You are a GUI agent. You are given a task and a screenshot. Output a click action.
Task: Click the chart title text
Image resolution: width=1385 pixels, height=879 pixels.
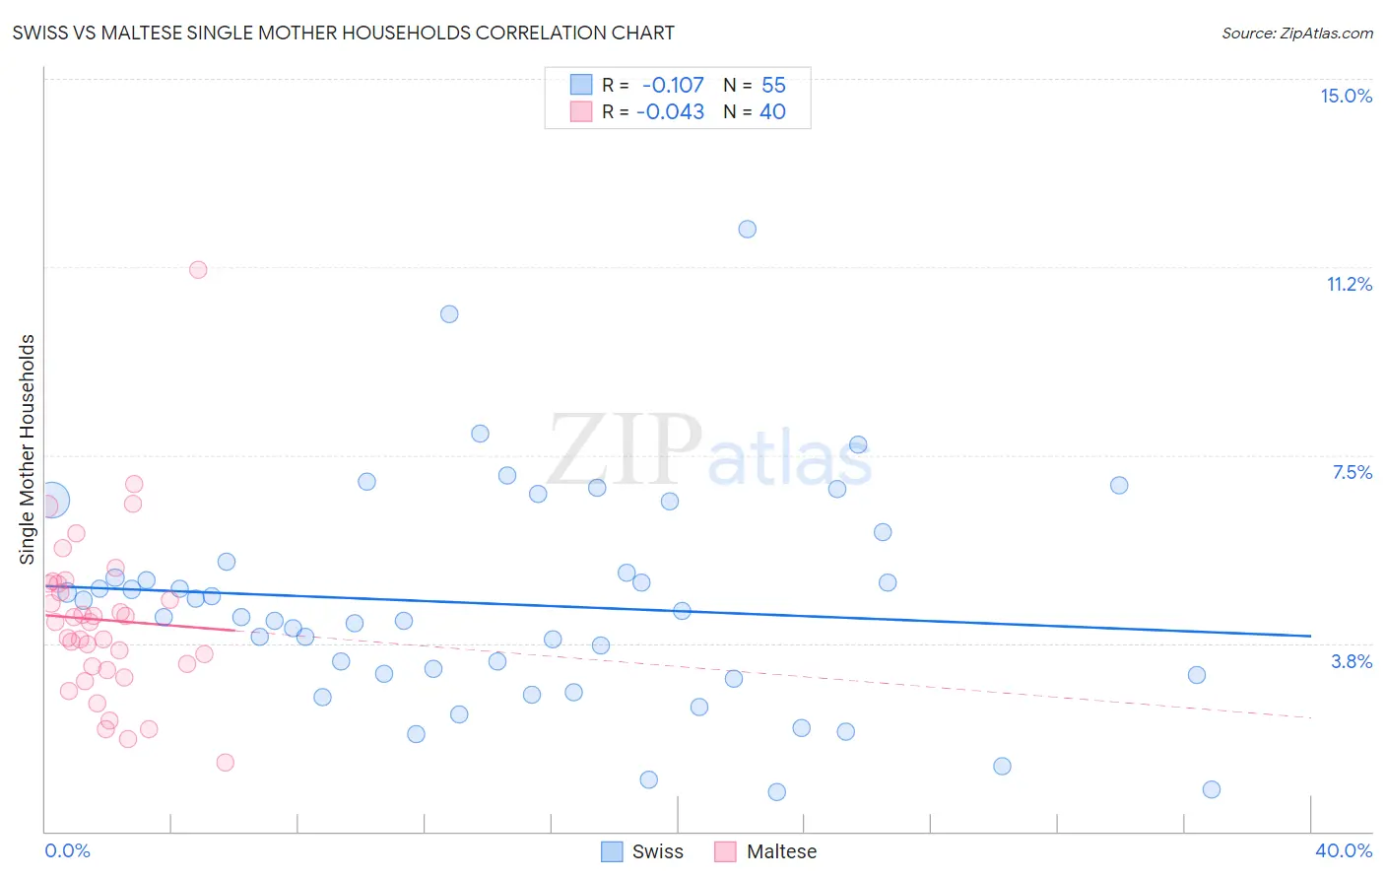[344, 33]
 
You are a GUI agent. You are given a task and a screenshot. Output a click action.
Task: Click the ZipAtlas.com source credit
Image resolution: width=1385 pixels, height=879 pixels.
[1296, 34]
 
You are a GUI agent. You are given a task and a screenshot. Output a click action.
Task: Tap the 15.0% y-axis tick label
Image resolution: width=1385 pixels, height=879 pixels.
[1346, 96]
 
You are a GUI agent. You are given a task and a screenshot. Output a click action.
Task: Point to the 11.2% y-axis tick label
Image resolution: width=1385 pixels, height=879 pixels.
[1349, 284]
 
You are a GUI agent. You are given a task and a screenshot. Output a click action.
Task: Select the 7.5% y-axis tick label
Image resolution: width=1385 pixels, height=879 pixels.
[1352, 472]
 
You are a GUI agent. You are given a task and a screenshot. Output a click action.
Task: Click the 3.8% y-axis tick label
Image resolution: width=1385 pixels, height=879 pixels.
[1352, 661]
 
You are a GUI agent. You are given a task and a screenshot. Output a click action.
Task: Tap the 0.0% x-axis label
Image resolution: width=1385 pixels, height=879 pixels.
[67, 850]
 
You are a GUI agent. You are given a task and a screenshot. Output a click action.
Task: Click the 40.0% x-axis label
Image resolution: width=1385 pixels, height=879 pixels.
[1343, 850]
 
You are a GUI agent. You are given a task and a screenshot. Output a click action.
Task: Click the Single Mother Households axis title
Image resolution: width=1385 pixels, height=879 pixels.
[27, 449]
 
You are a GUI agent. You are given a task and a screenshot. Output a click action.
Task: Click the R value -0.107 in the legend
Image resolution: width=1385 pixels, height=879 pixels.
[673, 86]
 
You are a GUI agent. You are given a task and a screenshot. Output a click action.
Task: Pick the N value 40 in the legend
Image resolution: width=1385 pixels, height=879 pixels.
[772, 112]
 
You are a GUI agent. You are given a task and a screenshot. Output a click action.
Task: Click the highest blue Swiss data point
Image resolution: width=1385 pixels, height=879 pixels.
[748, 230]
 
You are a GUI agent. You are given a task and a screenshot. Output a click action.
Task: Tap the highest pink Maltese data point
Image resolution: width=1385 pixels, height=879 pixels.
[198, 270]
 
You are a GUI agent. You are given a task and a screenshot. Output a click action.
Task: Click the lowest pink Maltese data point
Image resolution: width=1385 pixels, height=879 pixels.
[225, 762]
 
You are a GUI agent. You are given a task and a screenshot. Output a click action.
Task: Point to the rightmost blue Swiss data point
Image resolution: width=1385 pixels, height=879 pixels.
[1212, 789]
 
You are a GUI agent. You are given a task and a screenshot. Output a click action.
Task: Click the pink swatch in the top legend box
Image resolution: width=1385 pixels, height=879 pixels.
[581, 112]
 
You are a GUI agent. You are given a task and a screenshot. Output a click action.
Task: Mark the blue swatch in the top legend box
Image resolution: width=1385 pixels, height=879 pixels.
[581, 86]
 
